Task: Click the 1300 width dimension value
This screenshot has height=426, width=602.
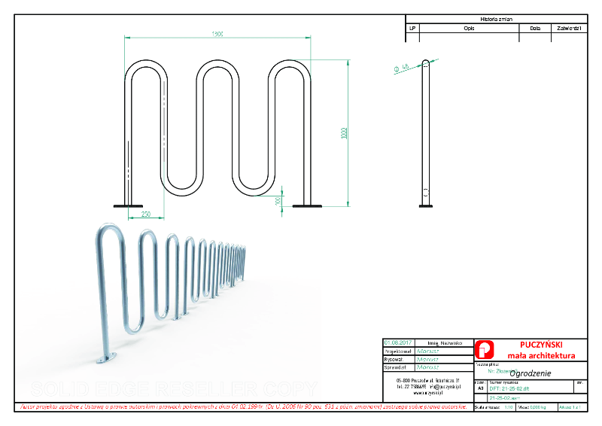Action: tap(218, 34)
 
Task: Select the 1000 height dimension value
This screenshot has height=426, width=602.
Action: tap(344, 133)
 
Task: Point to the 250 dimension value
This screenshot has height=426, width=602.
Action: tap(146, 215)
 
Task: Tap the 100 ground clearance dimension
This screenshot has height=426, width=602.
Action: tap(278, 201)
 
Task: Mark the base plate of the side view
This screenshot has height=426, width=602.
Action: tap(426, 203)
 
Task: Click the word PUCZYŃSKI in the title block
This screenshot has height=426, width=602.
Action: tap(540, 345)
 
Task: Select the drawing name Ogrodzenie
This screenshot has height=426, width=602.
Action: tap(531, 373)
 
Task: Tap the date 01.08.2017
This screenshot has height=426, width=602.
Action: tap(397, 342)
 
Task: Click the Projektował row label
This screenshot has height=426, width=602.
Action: tap(398, 351)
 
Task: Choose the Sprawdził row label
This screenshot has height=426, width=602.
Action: tap(397, 368)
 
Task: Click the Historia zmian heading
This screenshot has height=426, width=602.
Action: tap(496, 19)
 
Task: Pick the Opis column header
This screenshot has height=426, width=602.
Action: tap(469, 28)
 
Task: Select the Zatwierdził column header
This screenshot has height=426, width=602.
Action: tap(569, 28)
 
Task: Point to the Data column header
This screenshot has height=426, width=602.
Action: tap(535, 28)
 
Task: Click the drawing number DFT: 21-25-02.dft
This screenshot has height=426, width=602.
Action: tap(510, 388)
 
